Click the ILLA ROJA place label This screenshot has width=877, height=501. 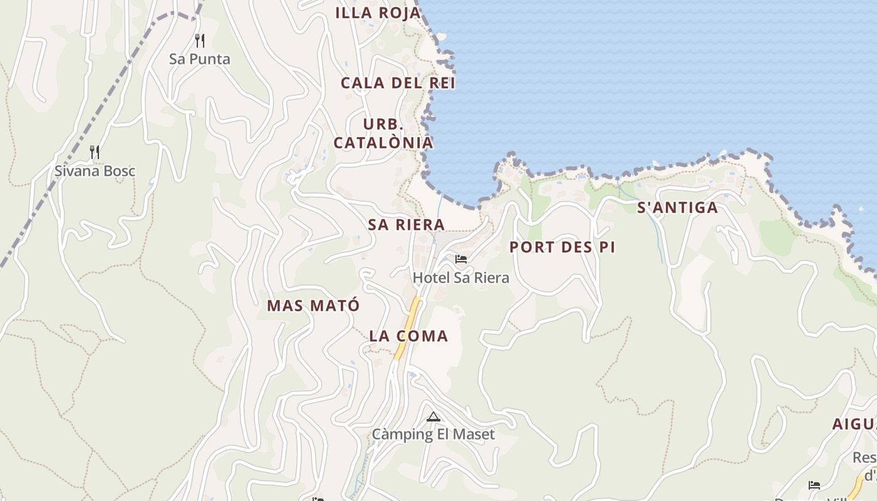[x=378, y=13]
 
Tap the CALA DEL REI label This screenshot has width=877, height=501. [x=398, y=83]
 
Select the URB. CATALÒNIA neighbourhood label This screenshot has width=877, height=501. [x=383, y=133]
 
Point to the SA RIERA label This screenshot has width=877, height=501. [x=407, y=225]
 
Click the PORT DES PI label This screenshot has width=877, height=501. [x=562, y=247]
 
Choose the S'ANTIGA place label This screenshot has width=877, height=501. [x=677, y=208]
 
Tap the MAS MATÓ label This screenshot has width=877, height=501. [x=313, y=306]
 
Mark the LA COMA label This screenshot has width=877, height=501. [x=408, y=336]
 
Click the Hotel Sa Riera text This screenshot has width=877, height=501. [x=460, y=277]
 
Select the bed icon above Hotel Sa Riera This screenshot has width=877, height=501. [x=461, y=259]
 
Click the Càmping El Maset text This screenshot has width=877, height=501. [x=433, y=434]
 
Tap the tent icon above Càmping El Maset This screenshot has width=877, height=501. [x=433, y=416]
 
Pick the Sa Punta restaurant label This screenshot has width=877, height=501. [x=200, y=59]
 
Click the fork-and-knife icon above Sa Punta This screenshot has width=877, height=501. [x=200, y=41]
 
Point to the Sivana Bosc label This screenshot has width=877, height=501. [x=95, y=171]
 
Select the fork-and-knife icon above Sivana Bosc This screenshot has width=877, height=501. [x=95, y=152]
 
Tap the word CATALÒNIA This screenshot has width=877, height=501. [x=383, y=143]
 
